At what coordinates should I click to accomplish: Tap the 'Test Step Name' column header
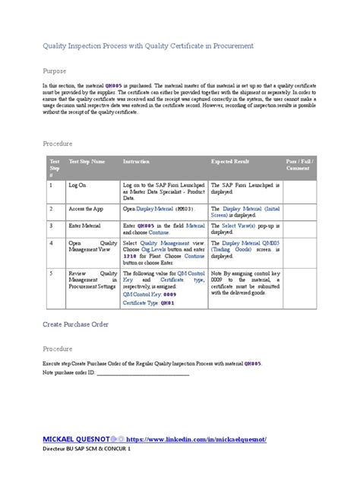87,163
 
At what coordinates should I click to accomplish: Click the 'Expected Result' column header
230,163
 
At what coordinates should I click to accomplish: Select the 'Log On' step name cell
77,185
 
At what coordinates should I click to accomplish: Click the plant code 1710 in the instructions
129,257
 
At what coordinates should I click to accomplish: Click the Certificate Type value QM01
167,303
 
